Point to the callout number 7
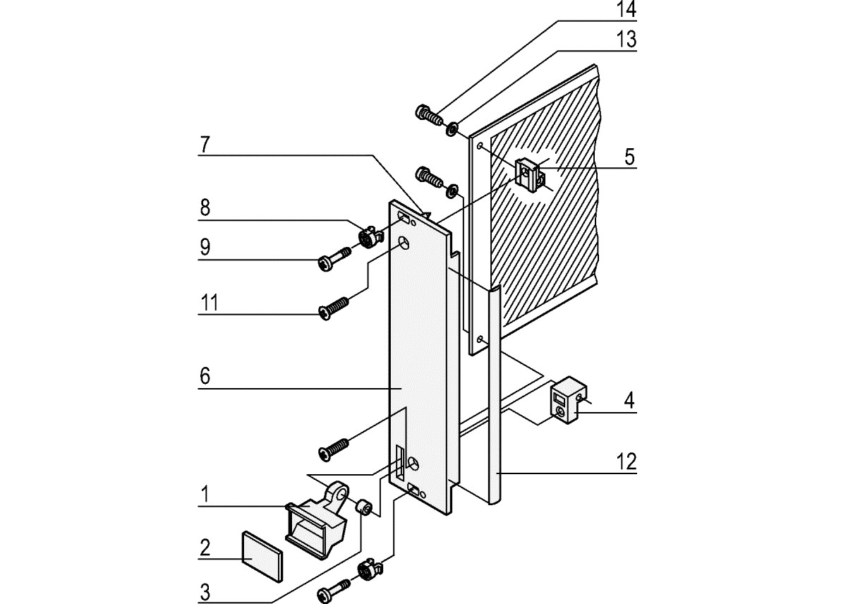(205, 145)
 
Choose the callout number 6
(205, 376)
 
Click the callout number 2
(205, 548)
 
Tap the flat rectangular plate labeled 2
(260, 555)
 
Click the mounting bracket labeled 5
(531, 173)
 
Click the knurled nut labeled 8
(368, 238)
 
